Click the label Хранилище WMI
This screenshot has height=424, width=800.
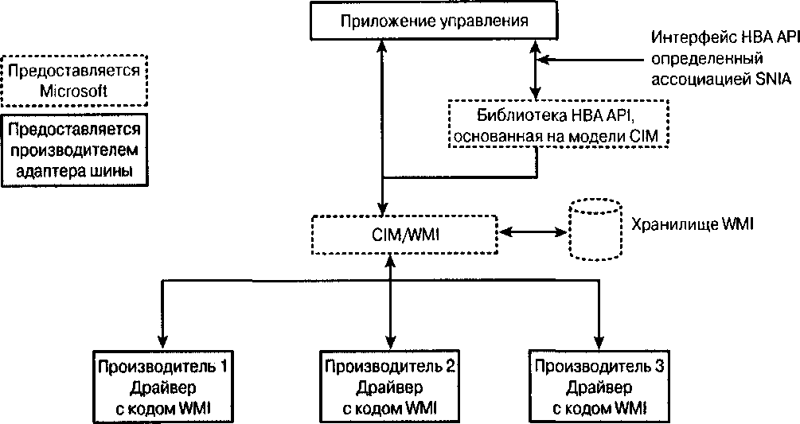tap(691, 225)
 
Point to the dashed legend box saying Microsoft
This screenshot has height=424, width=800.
tap(73, 80)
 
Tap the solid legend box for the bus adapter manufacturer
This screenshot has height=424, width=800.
tap(73, 150)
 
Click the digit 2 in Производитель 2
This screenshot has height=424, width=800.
tap(450, 368)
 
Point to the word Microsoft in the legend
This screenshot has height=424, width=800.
tap(73, 91)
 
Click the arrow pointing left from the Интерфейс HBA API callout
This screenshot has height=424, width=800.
tap(549, 59)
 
